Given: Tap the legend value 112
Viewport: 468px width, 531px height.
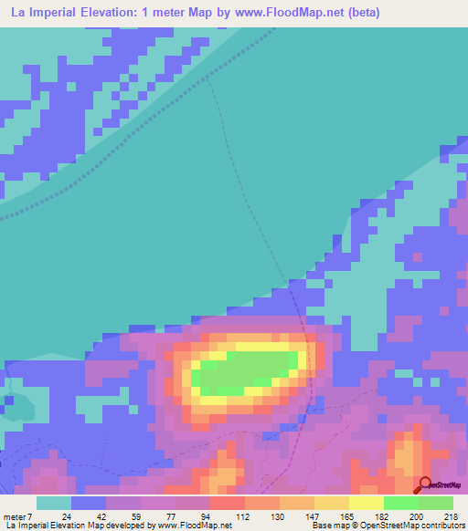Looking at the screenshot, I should [227, 516].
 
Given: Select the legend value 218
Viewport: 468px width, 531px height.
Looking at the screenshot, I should [450, 516].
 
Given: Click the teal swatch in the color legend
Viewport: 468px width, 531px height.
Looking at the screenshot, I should [54, 503].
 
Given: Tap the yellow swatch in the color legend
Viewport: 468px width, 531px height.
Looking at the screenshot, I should [367, 503].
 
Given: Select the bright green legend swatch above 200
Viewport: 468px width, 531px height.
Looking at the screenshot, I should [401, 503].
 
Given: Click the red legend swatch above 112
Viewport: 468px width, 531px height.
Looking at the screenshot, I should [227, 503].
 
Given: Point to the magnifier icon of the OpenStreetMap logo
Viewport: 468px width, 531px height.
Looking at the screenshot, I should [425, 484].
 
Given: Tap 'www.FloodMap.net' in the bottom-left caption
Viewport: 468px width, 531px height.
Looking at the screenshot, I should [195, 526].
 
